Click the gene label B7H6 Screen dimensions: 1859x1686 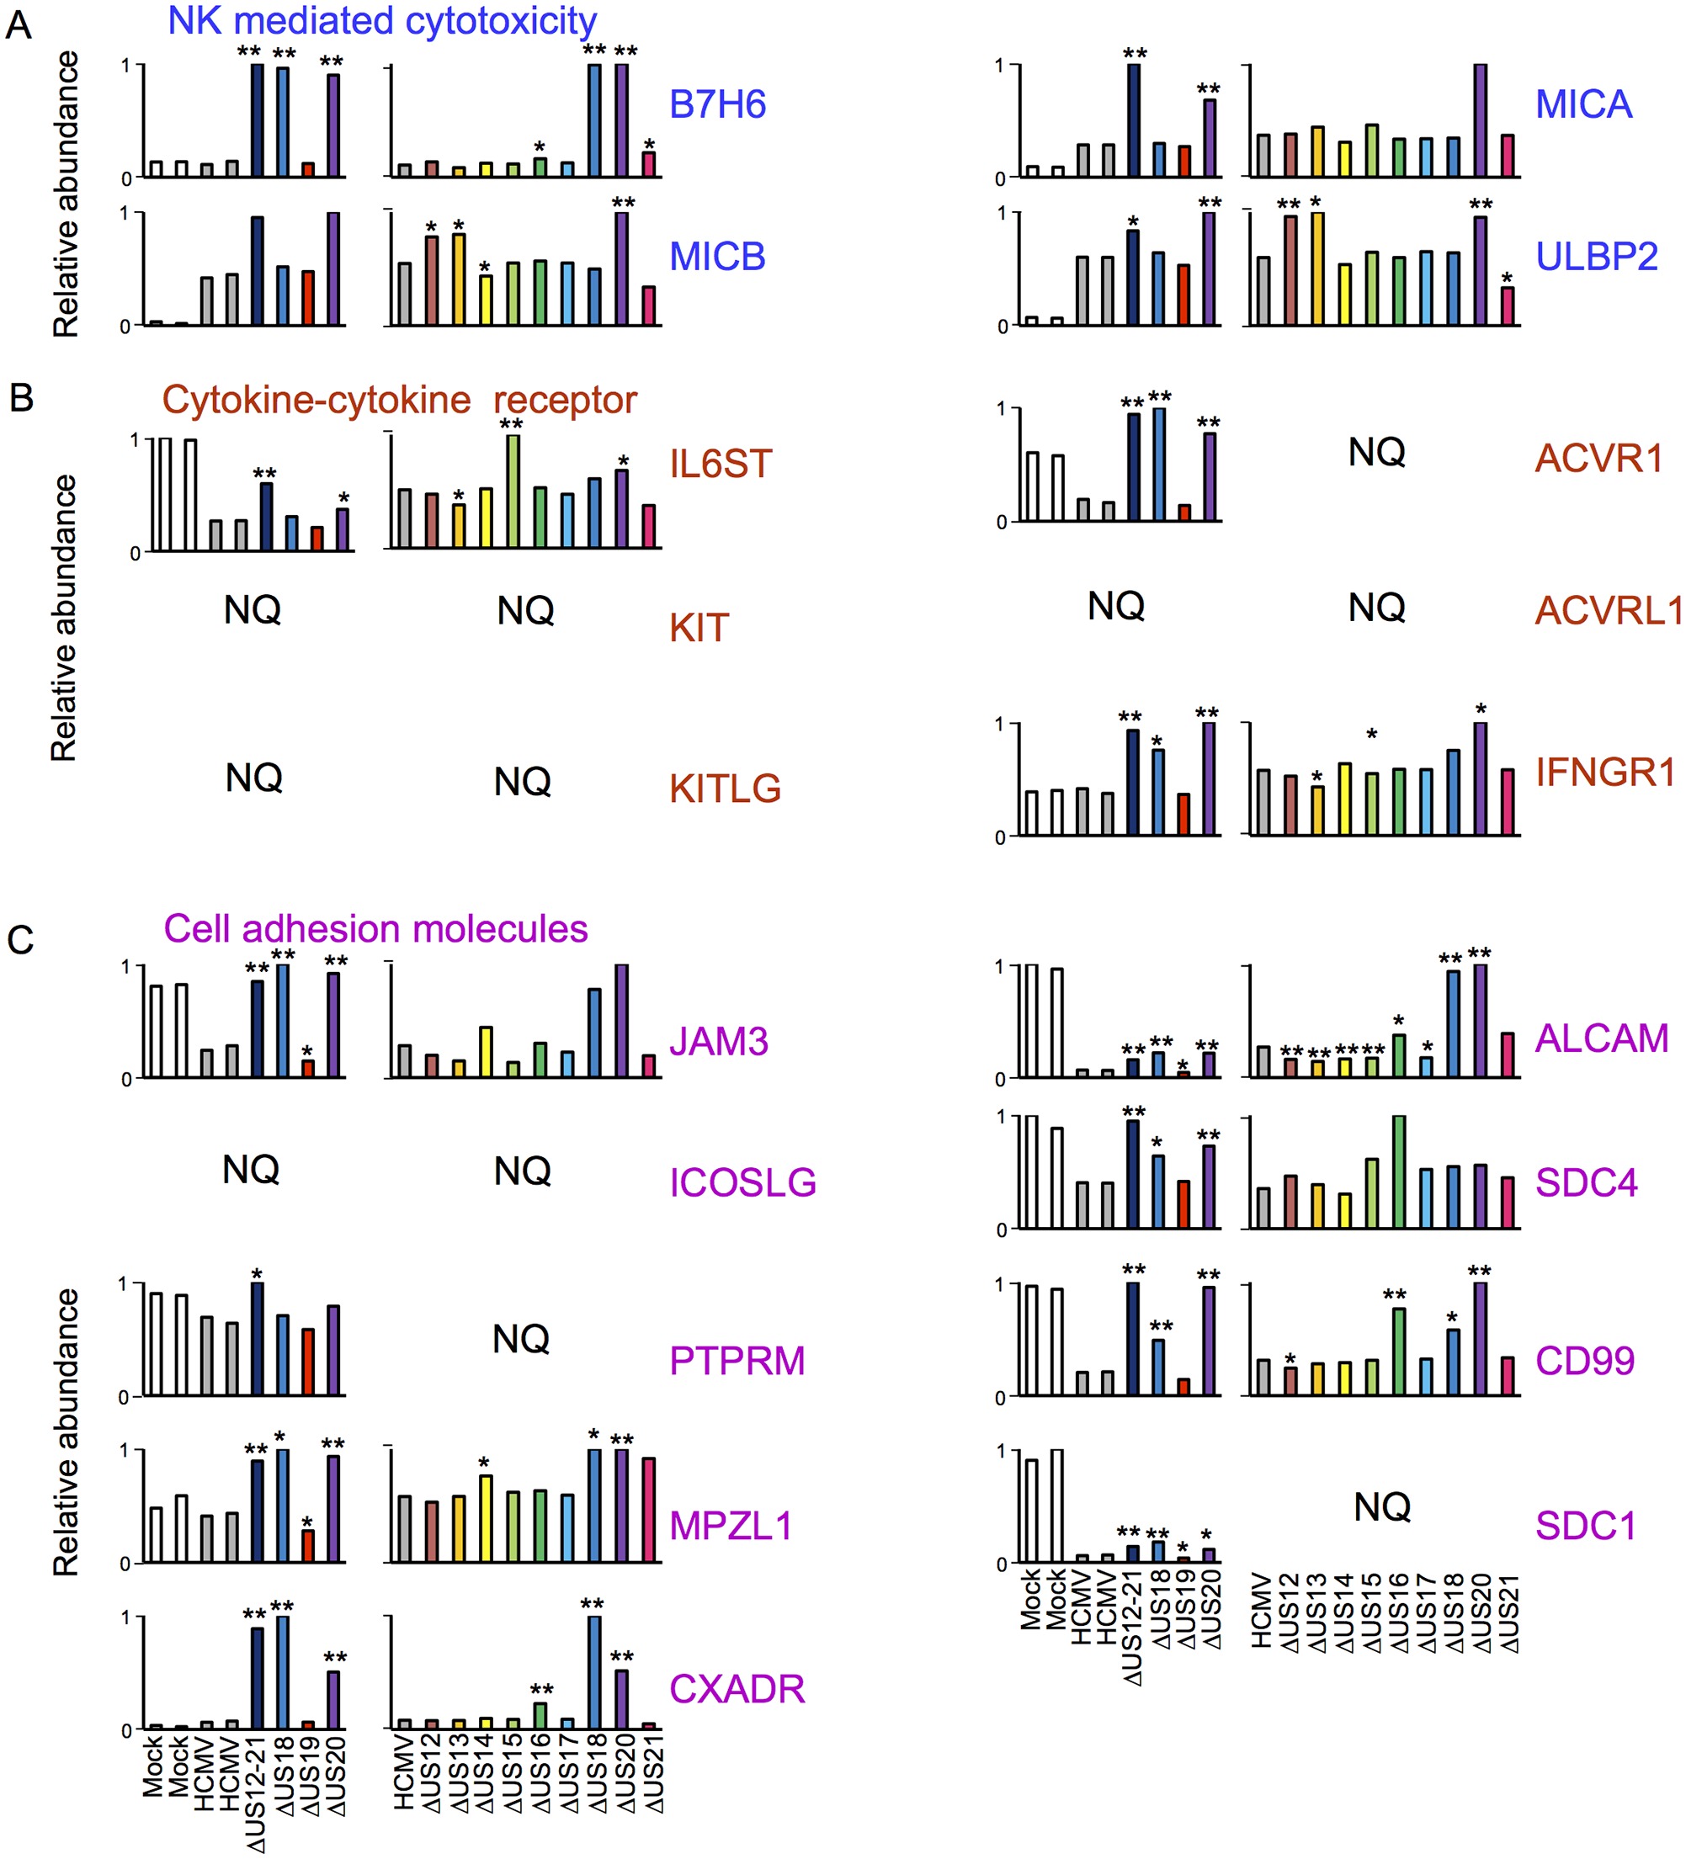[716, 105]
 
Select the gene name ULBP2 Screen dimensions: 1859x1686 [1596, 257]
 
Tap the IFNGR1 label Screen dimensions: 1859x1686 [1604, 773]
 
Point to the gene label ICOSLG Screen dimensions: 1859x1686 [742, 1183]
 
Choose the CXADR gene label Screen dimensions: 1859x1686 [737, 1689]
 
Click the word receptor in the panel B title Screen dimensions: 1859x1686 [565, 401]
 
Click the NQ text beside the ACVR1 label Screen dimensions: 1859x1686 [1376, 453]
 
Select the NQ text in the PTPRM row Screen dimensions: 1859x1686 [521, 1339]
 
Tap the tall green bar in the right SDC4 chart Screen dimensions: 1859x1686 [1399, 1172]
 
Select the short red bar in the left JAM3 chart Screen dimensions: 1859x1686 [308, 1069]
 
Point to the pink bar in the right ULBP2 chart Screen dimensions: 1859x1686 [1507, 306]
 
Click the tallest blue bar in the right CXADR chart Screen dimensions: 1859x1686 [595, 1673]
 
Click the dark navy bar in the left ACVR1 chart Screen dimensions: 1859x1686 [1134, 468]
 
